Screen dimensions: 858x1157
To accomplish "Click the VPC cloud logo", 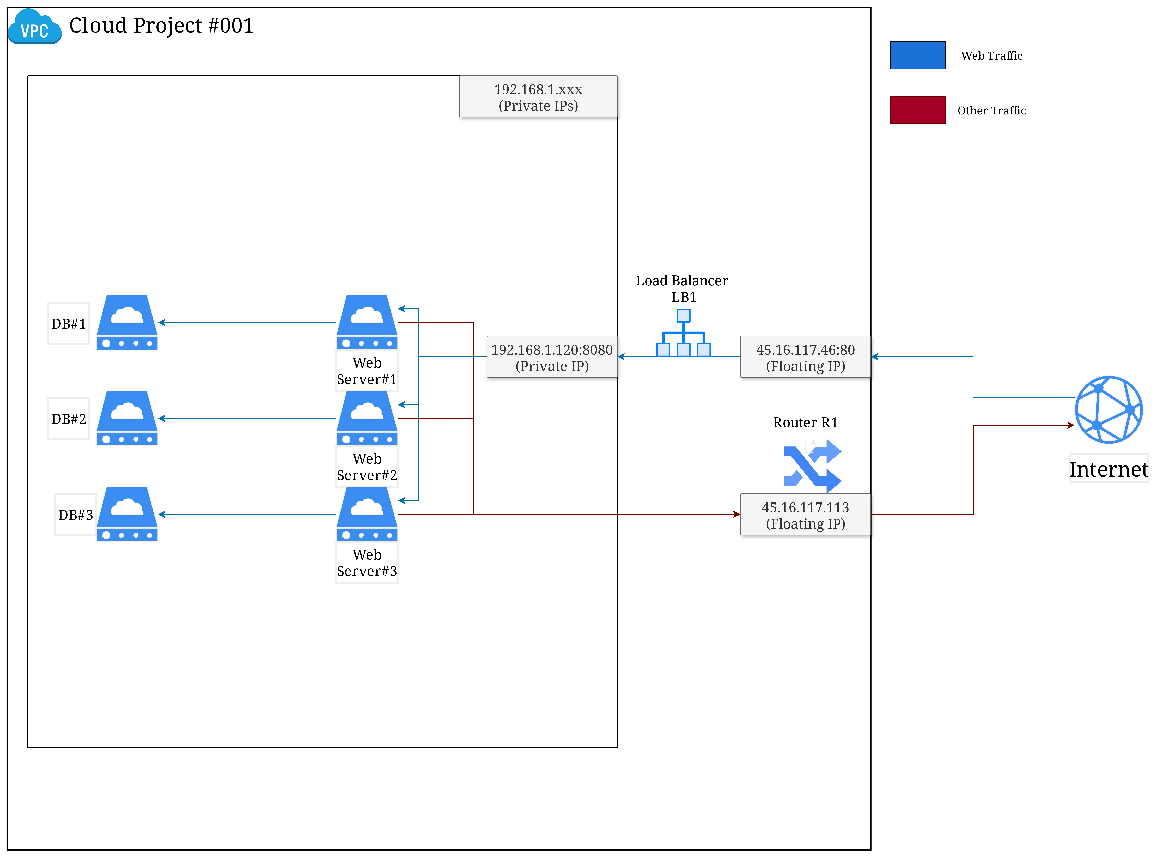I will [34, 27].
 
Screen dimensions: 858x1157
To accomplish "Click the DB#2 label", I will [69, 419].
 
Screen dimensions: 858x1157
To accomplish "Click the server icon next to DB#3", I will [127, 514].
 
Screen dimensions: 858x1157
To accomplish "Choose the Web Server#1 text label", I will [367, 371].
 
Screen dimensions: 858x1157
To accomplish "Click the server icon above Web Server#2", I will [367, 418].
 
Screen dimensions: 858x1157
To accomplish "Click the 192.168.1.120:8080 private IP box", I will [552, 357].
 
